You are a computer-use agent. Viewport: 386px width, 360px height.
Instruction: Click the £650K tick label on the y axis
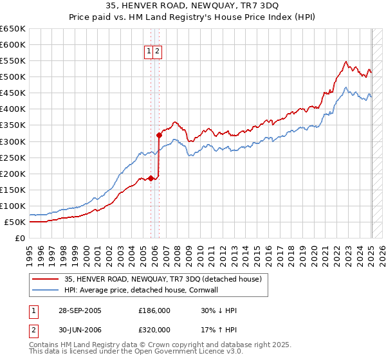(x=13, y=29)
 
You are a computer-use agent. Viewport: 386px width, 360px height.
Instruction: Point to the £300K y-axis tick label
(x=13, y=141)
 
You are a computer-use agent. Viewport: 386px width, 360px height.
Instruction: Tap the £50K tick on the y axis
(x=15, y=222)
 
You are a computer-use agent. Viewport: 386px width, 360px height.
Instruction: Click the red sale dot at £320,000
(x=159, y=135)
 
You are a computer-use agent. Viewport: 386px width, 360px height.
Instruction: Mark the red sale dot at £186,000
(x=151, y=178)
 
